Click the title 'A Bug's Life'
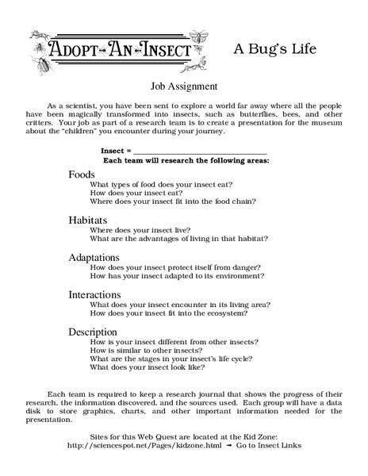[274, 48]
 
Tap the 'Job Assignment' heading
[183, 86]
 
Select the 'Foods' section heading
[82, 174]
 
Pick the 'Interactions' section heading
[94, 294]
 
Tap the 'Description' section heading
[93, 331]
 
